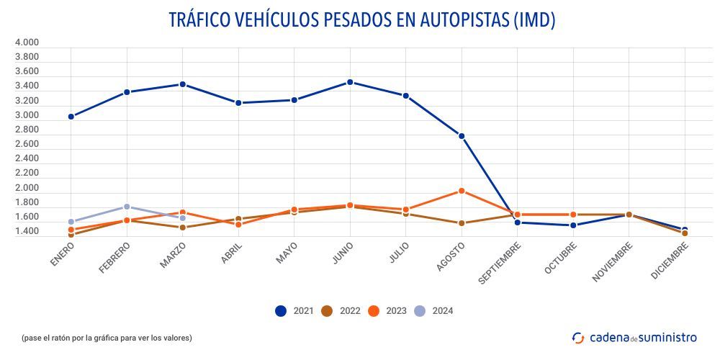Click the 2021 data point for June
click(350, 82)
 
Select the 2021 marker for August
click(462, 136)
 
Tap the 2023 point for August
click(462, 191)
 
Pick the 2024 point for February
click(127, 207)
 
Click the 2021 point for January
click(71, 117)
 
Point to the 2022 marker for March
click(182, 228)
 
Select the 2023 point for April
click(238, 225)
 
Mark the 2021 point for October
click(573, 225)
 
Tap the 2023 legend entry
click(387, 311)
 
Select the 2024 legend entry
click(433, 311)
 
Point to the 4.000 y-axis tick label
click(27, 42)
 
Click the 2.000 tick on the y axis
click(27, 188)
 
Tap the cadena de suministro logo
click(634, 337)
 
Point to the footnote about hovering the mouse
click(107, 337)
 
